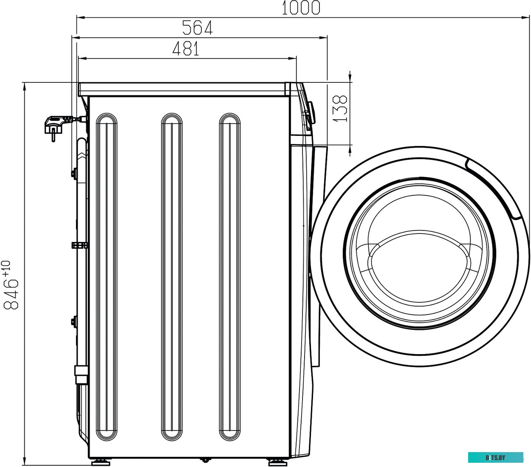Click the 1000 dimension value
click(301, 8)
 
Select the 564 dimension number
click(198, 28)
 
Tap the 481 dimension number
click(186, 48)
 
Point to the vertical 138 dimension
click(340, 109)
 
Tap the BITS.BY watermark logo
click(496, 458)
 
